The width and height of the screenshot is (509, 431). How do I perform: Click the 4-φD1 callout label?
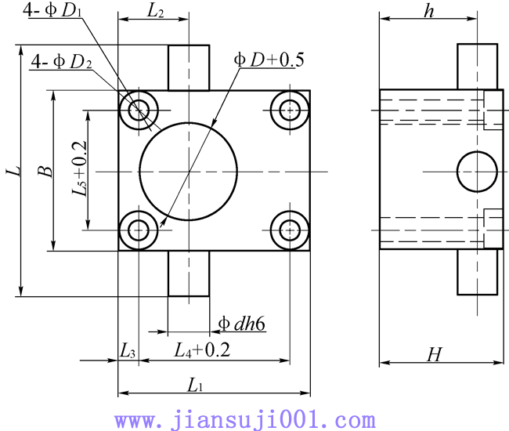point(52,9)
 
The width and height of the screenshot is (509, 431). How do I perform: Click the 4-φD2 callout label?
point(61,61)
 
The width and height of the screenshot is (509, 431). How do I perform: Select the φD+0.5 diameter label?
point(269,60)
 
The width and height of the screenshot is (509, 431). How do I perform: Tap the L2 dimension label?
point(156,11)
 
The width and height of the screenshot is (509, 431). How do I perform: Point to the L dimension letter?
point(13,171)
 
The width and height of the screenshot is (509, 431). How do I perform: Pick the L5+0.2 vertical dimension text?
point(79,168)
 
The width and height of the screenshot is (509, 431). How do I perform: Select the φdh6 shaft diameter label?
point(241,324)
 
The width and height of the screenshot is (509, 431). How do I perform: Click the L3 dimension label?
point(127,351)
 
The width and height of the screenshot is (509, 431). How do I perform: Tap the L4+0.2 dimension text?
point(202,350)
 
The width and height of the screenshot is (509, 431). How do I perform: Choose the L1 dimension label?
point(195,386)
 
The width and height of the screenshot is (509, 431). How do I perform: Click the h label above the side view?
point(429,11)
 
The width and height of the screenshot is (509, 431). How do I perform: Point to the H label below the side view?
point(435,354)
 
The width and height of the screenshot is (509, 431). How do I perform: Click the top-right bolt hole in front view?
point(290,110)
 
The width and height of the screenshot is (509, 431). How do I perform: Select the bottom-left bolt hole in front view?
point(139,230)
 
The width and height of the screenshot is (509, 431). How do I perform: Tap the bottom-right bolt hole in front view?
point(290,230)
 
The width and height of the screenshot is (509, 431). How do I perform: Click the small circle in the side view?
point(477,172)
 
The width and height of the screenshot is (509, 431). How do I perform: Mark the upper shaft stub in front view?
point(189,68)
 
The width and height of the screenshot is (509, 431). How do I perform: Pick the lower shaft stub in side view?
point(477,272)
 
